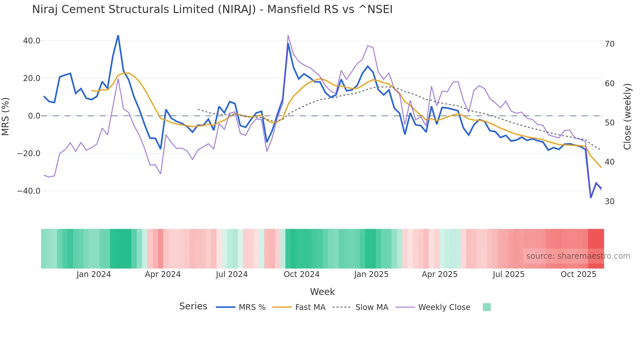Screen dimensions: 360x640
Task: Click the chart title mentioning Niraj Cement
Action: [212, 9]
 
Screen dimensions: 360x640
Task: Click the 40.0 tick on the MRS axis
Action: [32, 41]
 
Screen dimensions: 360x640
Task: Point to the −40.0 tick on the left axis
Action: [29, 191]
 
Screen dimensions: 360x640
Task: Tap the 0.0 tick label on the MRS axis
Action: [34, 116]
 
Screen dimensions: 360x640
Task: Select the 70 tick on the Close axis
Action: [610, 44]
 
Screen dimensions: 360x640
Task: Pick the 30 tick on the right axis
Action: [610, 202]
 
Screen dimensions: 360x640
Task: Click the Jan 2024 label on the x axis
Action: [94, 274]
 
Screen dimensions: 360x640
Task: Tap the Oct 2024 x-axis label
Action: [301, 274]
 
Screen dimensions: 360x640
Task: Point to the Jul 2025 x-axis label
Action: [508, 274]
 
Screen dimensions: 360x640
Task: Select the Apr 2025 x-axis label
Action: [440, 274]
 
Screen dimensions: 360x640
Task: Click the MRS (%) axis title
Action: [6, 116]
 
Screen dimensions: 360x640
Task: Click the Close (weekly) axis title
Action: [627, 117]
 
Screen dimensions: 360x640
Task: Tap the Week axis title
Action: [322, 292]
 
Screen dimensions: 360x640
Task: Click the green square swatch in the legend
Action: [487, 307]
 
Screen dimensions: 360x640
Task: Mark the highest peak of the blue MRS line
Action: [118, 35]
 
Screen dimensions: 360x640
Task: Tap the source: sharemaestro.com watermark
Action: [578, 256]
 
